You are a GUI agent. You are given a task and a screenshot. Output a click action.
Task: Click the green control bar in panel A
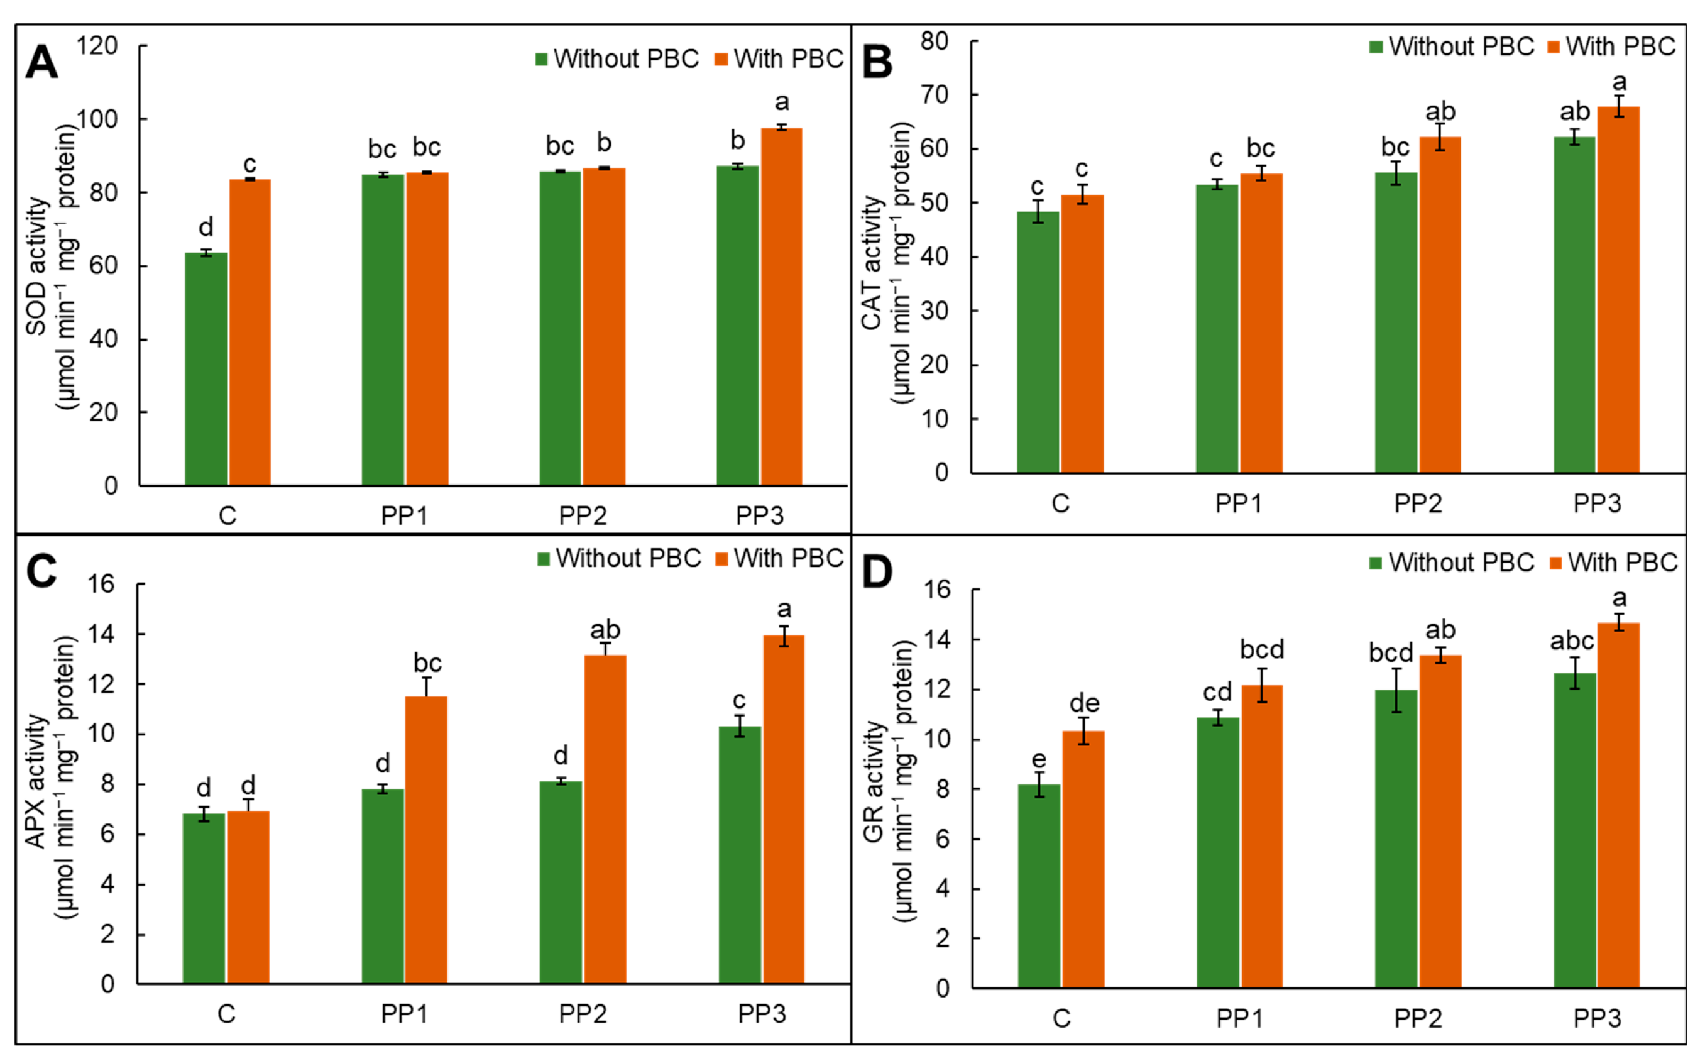206,368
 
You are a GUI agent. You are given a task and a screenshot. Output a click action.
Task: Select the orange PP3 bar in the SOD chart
782,307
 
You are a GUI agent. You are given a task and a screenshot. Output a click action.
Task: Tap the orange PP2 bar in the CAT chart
1440,305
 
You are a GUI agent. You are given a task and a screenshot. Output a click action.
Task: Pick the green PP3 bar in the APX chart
740,855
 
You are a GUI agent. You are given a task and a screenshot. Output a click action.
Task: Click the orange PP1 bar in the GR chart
1261,837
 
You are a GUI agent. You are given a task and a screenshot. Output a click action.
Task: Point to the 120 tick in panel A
97,46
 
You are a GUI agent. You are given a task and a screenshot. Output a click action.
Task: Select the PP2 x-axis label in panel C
583,1014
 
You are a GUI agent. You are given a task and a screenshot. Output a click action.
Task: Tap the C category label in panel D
1061,1018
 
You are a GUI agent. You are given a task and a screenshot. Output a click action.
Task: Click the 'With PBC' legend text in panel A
789,59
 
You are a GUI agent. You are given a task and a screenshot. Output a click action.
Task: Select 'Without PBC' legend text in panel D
1462,563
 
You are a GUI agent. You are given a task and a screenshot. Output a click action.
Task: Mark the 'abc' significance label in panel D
1572,640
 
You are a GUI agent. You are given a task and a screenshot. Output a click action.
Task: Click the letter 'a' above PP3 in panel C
784,609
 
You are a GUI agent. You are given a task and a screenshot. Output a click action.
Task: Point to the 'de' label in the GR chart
1084,703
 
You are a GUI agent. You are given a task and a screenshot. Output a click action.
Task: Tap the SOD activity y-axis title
52,267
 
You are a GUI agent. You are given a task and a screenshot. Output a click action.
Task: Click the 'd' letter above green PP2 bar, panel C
560,756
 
